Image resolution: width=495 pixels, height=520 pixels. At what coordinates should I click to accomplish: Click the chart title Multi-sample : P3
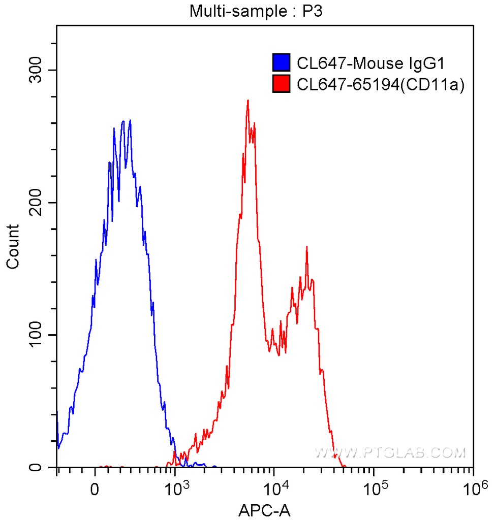(256, 11)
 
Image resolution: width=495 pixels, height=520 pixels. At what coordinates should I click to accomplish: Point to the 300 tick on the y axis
(39, 70)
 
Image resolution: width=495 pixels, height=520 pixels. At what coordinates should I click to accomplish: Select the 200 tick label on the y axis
(39, 203)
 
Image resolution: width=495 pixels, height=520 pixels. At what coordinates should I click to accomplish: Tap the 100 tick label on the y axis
(39, 335)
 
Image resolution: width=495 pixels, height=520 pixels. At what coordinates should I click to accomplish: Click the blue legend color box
(282, 63)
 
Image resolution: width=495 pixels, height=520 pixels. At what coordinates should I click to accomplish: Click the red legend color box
(282, 84)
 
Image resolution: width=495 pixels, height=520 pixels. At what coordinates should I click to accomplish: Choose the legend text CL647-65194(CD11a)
(381, 85)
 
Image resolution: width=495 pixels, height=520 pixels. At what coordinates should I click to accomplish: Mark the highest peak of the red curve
(247, 101)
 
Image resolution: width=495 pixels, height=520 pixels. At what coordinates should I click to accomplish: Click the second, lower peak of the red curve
(306, 247)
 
